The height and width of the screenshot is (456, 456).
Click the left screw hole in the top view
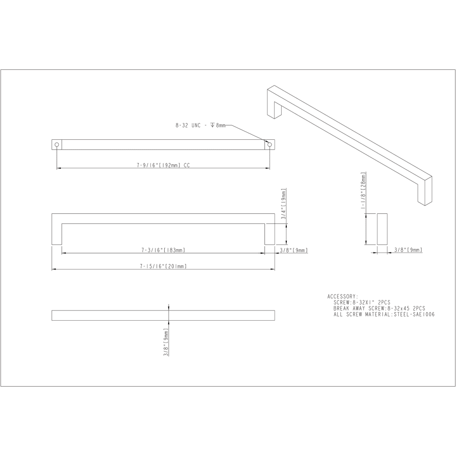point(57,145)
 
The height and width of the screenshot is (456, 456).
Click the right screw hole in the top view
point(270,145)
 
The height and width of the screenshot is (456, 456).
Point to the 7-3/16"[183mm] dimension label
point(163,250)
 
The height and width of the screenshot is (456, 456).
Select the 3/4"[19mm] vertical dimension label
point(284,204)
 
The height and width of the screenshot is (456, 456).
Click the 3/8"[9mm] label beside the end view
point(408,250)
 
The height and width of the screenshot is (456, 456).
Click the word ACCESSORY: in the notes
point(343,296)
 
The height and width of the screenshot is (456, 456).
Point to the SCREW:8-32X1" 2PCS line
point(362,302)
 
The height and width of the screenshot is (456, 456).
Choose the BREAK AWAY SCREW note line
point(379,308)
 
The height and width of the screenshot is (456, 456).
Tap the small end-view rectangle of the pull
point(382,229)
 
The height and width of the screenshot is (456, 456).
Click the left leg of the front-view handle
point(57,233)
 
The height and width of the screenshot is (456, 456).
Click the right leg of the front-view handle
point(270,233)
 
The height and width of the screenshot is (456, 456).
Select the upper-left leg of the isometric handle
point(272,104)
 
